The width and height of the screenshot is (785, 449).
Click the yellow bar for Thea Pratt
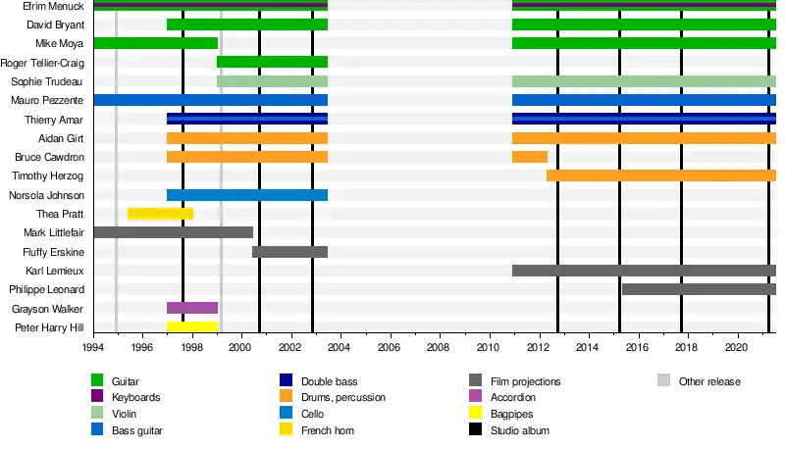[160, 214]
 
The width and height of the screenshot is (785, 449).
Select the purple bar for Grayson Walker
[192, 308]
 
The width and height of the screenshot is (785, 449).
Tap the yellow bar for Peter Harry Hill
[192, 326]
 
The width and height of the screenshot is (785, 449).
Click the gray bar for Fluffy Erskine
[289, 252]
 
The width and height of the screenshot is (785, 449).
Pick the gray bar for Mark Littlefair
[173, 232]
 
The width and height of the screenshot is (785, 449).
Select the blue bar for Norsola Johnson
[246, 195]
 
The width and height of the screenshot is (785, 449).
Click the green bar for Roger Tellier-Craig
[272, 62]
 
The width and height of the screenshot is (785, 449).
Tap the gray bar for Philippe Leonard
[699, 289]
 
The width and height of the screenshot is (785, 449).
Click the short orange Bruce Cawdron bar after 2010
[530, 157]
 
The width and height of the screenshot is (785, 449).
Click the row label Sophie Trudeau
[48, 81]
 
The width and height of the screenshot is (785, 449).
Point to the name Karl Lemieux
[52, 271]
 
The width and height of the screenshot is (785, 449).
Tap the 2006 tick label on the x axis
[390, 347]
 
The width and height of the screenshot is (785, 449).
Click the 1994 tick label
[93, 347]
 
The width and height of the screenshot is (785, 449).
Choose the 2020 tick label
[737, 347]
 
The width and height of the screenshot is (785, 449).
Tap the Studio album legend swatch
[475, 430]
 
